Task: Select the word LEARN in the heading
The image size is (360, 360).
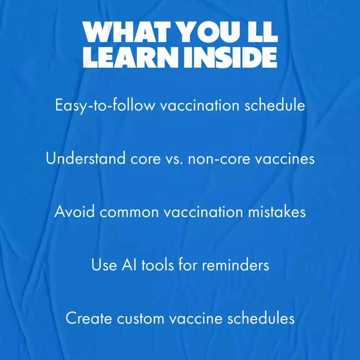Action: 131,57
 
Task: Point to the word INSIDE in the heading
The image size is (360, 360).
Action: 230,57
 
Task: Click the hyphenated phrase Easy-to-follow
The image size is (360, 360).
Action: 105,105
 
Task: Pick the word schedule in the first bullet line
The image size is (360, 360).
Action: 275,105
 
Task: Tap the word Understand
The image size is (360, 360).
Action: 86,158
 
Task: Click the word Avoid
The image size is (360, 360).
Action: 75,211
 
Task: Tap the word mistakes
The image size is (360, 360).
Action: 276,211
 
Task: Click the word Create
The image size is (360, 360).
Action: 89,318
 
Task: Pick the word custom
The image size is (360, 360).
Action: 140,319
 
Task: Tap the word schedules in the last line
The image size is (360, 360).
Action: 261,318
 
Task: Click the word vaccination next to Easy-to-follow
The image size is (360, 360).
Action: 200,105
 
